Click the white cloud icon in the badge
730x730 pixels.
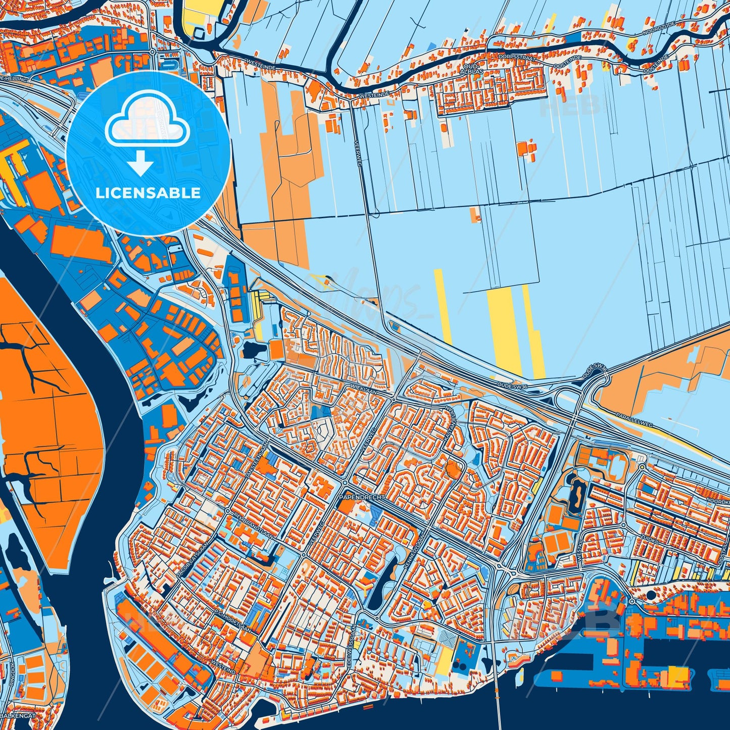(147, 124)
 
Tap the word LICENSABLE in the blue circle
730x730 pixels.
(148, 193)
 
